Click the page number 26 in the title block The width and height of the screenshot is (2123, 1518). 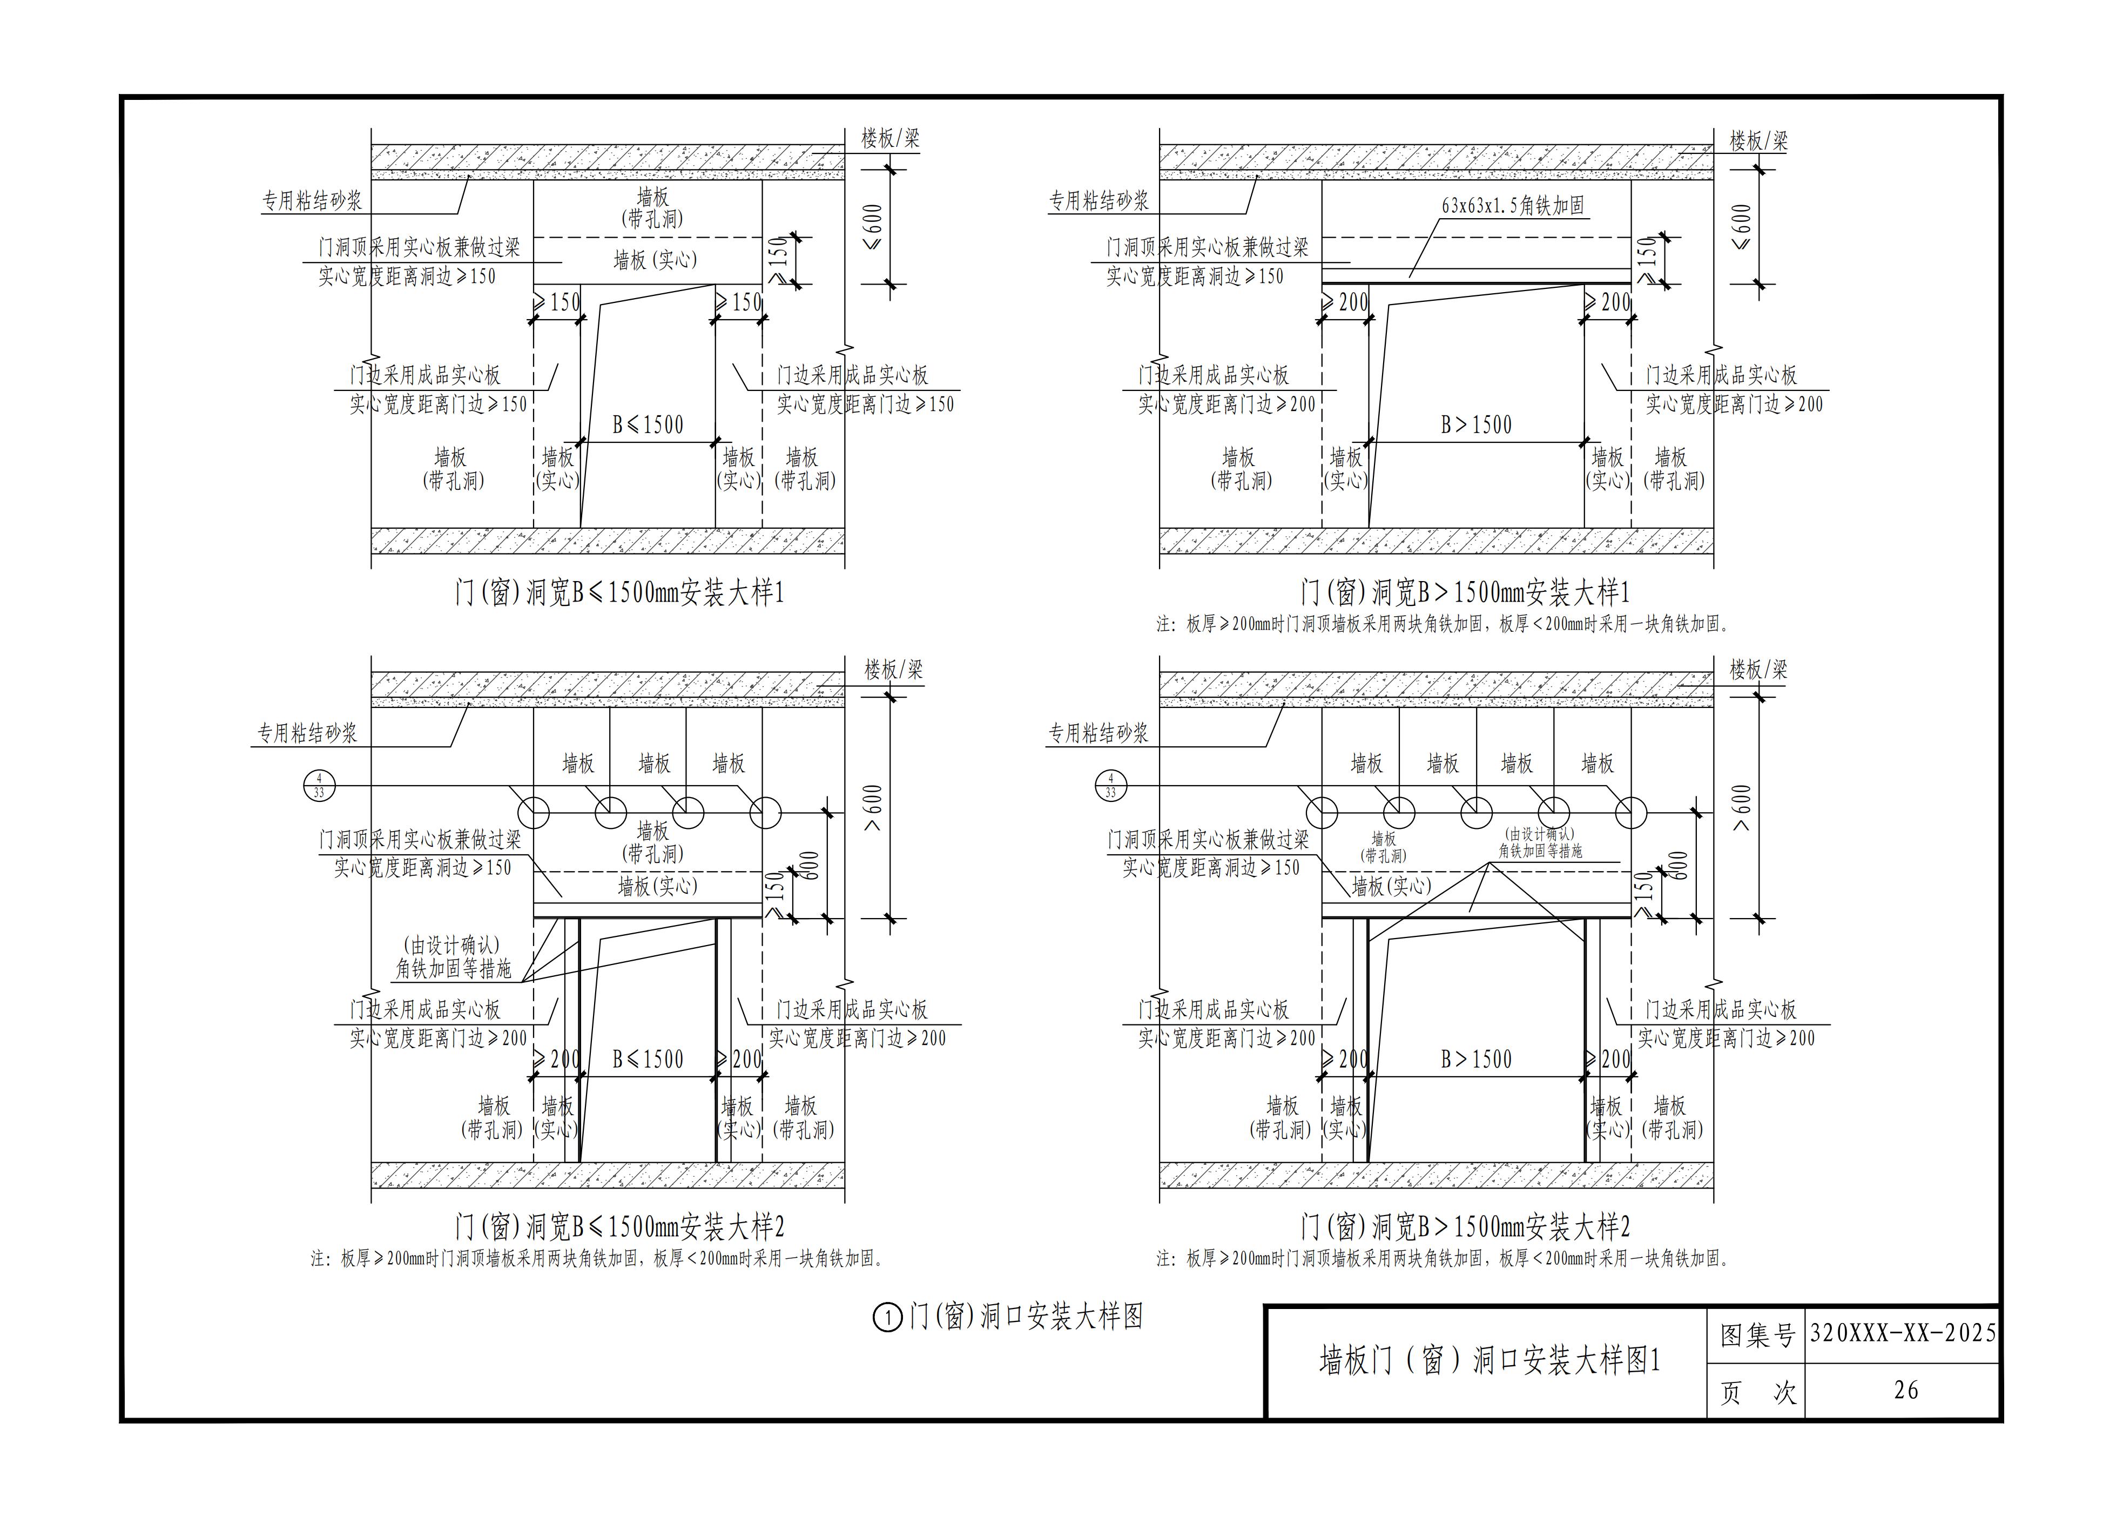click(1905, 1390)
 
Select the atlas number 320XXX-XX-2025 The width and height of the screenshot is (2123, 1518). click(1902, 1332)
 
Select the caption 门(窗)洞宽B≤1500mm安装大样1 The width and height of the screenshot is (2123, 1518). click(619, 592)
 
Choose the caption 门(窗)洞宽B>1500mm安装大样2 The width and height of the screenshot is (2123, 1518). click(1465, 1226)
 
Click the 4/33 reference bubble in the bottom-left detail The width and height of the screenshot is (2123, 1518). click(319, 786)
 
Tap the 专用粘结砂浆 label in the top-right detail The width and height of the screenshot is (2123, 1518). click(1098, 200)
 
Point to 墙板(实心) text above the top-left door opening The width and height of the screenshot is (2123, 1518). click(655, 260)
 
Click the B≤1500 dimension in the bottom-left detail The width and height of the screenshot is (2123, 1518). click(648, 1059)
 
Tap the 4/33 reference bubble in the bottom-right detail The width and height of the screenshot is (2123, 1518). click(1110, 786)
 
